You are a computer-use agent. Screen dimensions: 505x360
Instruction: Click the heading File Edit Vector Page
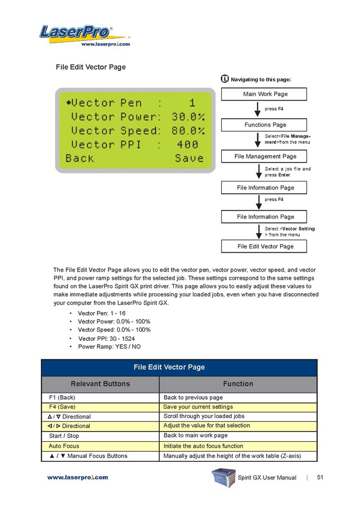coord(90,67)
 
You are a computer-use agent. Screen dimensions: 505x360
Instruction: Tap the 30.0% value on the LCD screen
coord(188,116)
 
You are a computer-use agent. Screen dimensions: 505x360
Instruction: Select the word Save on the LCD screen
coord(189,158)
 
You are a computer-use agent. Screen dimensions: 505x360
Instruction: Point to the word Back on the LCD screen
coord(80,158)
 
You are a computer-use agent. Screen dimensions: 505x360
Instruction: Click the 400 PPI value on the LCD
coord(187,144)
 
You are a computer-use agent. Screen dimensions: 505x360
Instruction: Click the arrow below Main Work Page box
coord(258,109)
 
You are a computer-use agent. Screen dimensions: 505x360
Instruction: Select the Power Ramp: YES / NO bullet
coord(109,346)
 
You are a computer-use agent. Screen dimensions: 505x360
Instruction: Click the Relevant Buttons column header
coord(100,384)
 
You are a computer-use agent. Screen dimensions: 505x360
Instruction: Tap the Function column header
coord(238,384)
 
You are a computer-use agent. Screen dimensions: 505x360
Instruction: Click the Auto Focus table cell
coord(64,446)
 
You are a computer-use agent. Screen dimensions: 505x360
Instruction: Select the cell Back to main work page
coord(195,436)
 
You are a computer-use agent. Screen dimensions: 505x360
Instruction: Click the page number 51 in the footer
coord(320,477)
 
